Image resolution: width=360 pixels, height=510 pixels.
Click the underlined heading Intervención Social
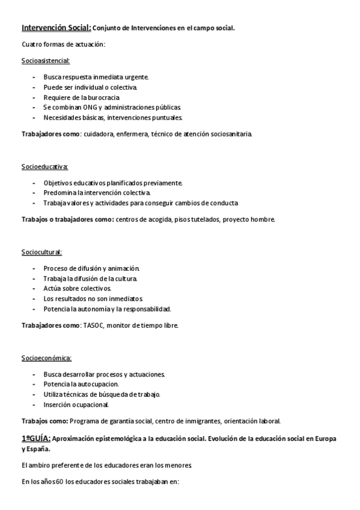tap(56, 28)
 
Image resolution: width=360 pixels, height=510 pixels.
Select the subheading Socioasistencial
tap(46, 61)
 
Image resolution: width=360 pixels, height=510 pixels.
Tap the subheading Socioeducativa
tap(45, 166)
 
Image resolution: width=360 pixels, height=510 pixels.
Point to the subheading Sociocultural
tap(42, 251)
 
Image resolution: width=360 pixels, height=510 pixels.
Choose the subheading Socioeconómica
tap(47, 358)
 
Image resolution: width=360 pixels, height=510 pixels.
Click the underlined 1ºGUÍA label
tap(36, 438)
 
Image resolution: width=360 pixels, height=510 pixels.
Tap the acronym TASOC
tap(94, 325)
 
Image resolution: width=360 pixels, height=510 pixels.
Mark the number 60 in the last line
tap(59, 482)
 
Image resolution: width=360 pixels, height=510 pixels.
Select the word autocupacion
tap(99, 384)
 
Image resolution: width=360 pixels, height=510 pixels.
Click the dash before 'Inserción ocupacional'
tap(34, 404)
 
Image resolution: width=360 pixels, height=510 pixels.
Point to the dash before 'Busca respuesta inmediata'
tap(34, 77)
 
